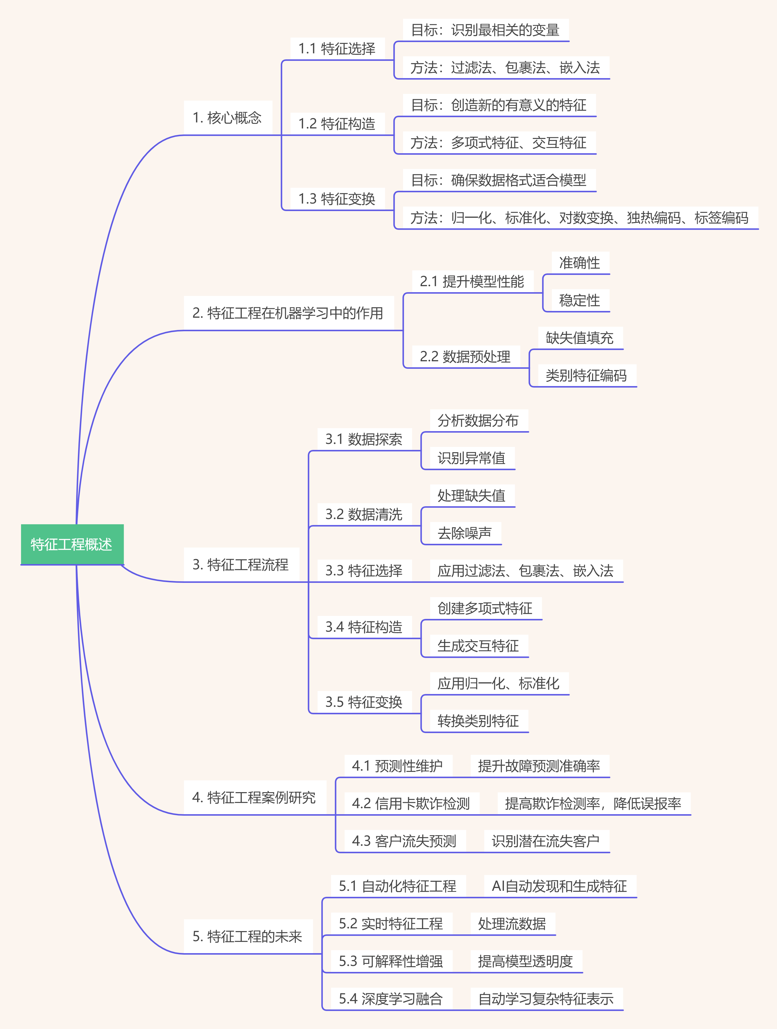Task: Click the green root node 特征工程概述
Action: point(72,544)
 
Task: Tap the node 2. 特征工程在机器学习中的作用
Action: point(288,313)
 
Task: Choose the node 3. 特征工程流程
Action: point(241,565)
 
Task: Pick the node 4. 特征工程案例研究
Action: point(254,797)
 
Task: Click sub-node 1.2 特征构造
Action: point(337,124)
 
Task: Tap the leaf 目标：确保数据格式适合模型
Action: point(499,180)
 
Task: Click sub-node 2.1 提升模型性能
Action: point(472,281)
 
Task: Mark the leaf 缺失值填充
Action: point(580,338)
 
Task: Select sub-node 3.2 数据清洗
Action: point(364,514)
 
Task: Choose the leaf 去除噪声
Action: point(465,533)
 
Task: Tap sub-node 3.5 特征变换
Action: point(364,702)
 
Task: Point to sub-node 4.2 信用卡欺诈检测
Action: point(411,803)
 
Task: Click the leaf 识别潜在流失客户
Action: point(546,841)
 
